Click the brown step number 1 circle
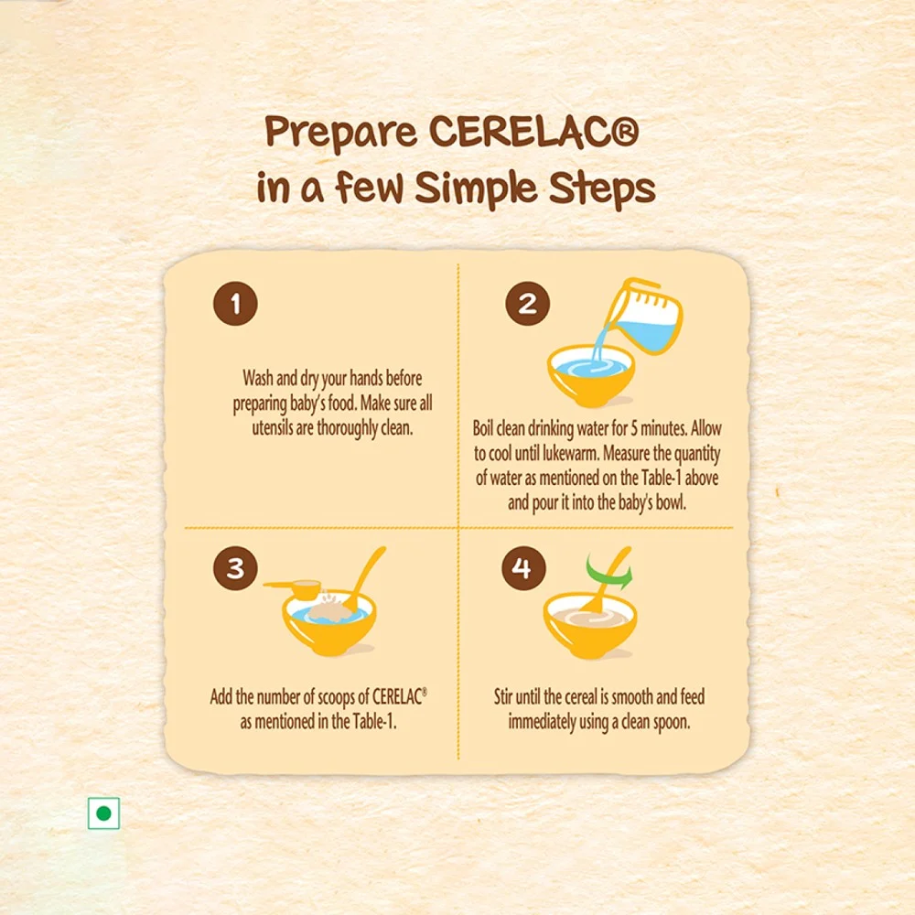pyautogui.click(x=235, y=304)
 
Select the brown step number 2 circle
pyautogui.click(x=528, y=304)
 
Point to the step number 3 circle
pyautogui.click(x=235, y=568)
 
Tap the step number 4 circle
pyautogui.click(x=523, y=568)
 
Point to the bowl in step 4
pyautogui.click(x=589, y=626)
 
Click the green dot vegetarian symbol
pyautogui.click(x=104, y=813)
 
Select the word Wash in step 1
pyautogui.click(x=258, y=378)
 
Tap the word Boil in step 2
pyautogui.click(x=482, y=428)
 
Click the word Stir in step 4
pyautogui.click(x=503, y=696)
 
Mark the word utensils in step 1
pyautogui.click(x=273, y=427)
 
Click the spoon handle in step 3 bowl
pyautogui.click(x=367, y=572)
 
